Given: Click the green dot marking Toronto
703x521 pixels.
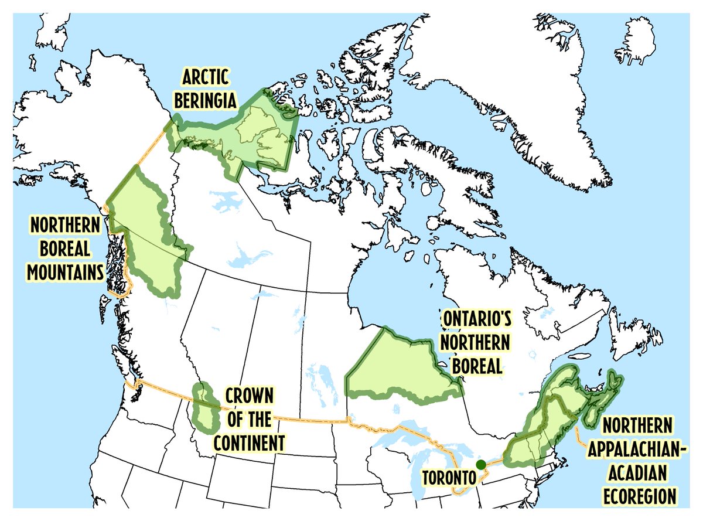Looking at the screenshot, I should pos(481,465).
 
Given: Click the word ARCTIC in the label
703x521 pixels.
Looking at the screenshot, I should pos(205,78).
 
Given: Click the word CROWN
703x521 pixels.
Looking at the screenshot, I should pos(249,397).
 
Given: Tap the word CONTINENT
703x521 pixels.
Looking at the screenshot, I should pos(249,443).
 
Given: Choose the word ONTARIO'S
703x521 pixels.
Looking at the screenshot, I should pos(476,320).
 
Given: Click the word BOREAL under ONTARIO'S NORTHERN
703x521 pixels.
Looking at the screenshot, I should pos(476,366).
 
